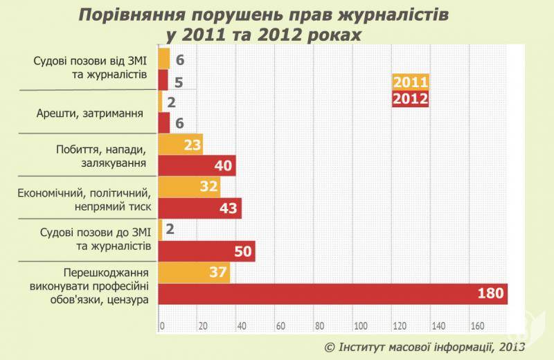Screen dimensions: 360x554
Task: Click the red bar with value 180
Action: (x=333, y=294)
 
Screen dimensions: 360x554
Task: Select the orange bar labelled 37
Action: (x=195, y=272)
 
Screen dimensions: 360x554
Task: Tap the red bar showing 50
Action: (x=207, y=251)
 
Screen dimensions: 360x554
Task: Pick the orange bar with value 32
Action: (x=190, y=187)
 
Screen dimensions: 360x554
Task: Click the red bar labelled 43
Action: (x=200, y=208)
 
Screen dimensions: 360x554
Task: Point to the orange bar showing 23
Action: (x=181, y=145)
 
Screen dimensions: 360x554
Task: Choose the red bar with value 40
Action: (x=197, y=165)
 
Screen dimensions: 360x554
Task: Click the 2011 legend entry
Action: (x=411, y=82)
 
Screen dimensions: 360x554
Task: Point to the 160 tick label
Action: (x=478, y=325)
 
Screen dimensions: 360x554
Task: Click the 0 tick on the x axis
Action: (x=162, y=325)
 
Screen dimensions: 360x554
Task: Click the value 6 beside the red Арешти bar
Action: (x=179, y=123)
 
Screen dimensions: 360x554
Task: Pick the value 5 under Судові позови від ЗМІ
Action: (x=179, y=81)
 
